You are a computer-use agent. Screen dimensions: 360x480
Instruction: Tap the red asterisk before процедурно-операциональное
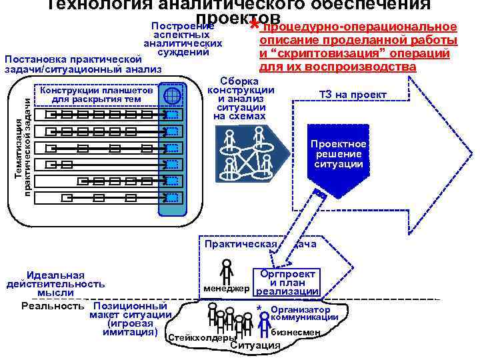coord(254,27)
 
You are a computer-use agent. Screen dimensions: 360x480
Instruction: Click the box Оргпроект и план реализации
coord(288,282)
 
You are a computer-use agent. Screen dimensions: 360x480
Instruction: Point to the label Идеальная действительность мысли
coord(55,284)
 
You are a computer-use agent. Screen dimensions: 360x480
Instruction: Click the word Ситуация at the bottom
coord(255,345)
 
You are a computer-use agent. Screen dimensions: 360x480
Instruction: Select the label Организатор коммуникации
coord(304,313)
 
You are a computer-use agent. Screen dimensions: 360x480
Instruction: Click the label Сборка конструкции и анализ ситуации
coord(241,98)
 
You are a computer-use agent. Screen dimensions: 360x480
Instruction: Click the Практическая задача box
coord(260,244)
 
